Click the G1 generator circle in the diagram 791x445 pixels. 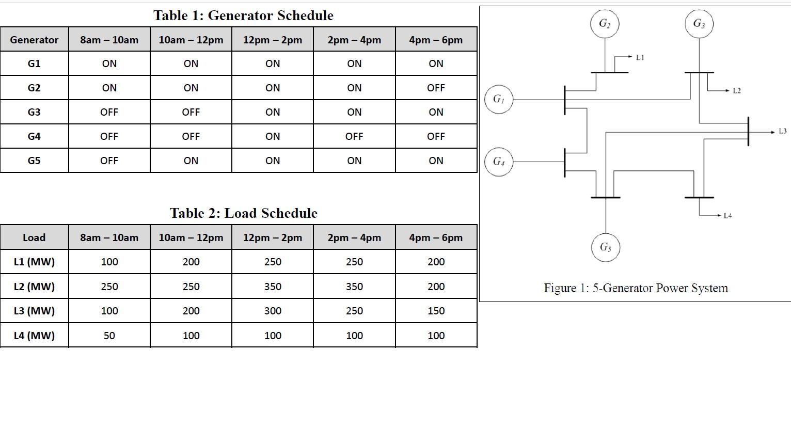click(498, 99)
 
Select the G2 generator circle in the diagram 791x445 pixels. click(605, 24)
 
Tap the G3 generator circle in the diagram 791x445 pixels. click(699, 24)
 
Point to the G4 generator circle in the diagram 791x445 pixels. click(498, 162)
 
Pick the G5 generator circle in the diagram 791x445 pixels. click(605, 247)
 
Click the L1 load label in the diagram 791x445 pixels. click(640, 57)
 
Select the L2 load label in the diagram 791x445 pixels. click(737, 91)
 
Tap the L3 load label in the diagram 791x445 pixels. click(782, 132)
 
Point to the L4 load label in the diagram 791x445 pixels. click(727, 216)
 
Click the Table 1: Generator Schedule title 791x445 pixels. click(243, 15)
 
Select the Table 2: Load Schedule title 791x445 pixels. click(243, 213)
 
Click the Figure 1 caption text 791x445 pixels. click(636, 288)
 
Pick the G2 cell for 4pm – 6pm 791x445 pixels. click(436, 88)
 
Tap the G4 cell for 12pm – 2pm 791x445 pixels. click(273, 136)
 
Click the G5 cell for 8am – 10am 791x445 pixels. click(109, 161)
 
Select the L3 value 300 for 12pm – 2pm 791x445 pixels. click(273, 311)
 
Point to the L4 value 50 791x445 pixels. click(109, 336)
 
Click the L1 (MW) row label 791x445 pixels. click(34, 262)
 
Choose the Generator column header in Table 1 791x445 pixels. click(34, 40)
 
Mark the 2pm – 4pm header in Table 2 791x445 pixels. click(354, 237)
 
